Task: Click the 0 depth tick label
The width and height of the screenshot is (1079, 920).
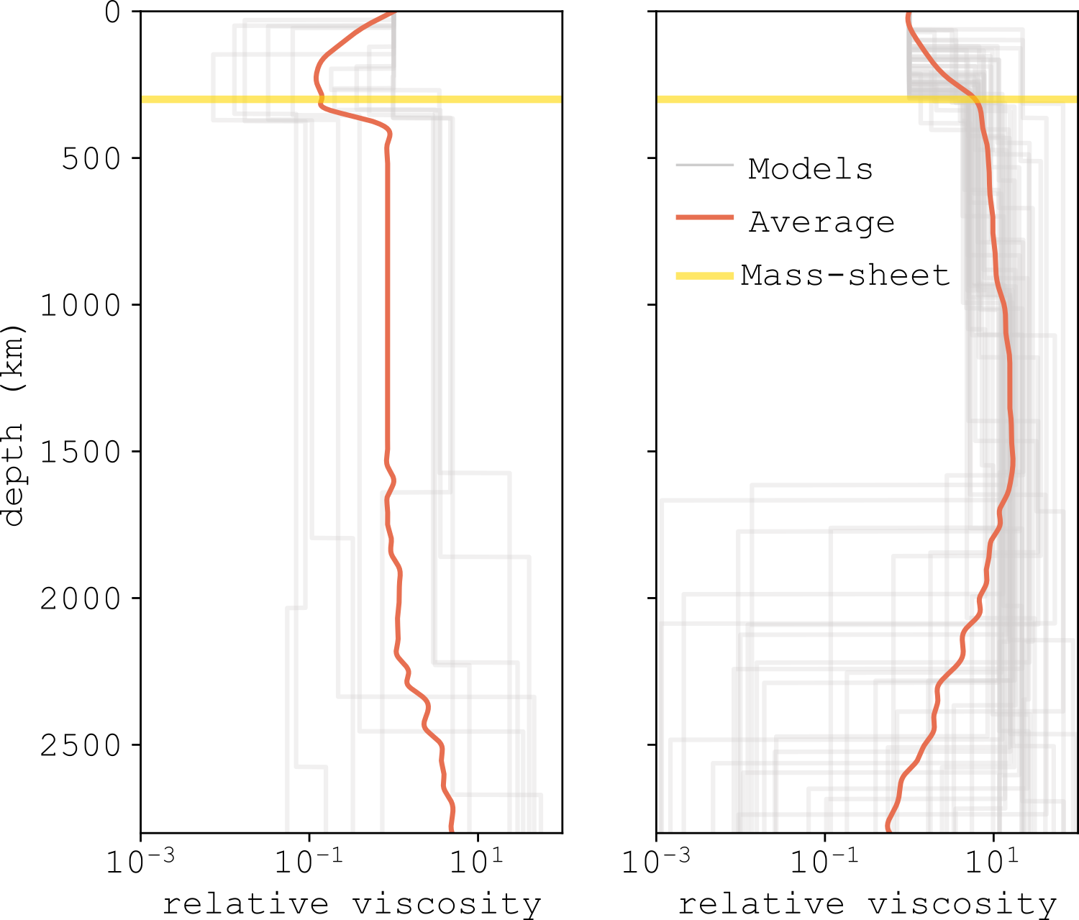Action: pyautogui.click(x=113, y=12)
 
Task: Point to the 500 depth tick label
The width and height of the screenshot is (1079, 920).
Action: pyautogui.click(x=92, y=159)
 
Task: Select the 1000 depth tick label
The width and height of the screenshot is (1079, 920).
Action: pyautogui.click(x=81, y=306)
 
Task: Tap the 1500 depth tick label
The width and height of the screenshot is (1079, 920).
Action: pyautogui.click(x=81, y=452)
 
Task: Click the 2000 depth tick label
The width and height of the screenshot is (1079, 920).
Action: pyautogui.click(x=81, y=599)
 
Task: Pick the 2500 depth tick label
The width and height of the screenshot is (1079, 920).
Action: pyautogui.click(x=81, y=746)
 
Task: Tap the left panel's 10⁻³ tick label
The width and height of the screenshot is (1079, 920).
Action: pyautogui.click(x=140, y=860)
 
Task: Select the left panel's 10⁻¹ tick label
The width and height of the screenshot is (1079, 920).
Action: pyautogui.click(x=309, y=860)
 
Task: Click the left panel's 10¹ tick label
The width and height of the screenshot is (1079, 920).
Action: pyautogui.click(x=476, y=860)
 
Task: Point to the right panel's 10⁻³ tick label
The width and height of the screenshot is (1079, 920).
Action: pyautogui.click(x=655, y=860)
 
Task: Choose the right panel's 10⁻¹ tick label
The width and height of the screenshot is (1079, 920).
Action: pyautogui.click(x=824, y=860)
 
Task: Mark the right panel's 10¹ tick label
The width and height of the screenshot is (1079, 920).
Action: pyautogui.click(x=993, y=860)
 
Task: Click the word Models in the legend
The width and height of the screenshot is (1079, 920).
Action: pyautogui.click(x=810, y=168)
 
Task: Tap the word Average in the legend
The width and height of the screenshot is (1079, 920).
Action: pyautogui.click(x=821, y=222)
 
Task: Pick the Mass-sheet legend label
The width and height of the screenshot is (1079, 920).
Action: pyautogui.click(x=845, y=275)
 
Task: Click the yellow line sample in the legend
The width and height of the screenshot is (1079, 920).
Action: pyautogui.click(x=705, y=275)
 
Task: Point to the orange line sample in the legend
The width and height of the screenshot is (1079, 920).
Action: pyautogui.click(x=705, y=217)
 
